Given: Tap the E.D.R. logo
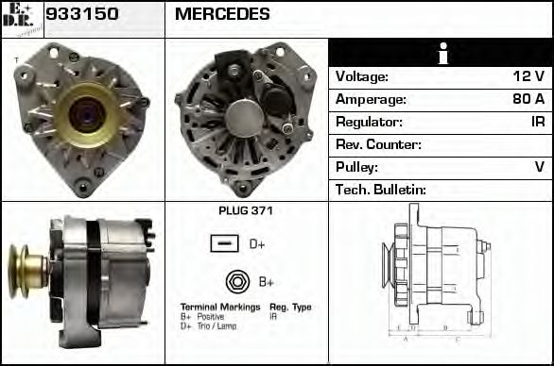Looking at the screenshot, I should point(21,18).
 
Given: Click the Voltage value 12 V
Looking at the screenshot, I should point(528,77).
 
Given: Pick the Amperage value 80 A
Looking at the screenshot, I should point(527,100).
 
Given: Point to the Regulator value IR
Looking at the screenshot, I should point(536,123).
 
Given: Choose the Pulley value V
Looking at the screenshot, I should point(540,168).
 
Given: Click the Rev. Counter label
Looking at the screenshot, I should point(378,145).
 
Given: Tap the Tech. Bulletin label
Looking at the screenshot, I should point(381,191).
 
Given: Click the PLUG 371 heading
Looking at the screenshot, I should point(245,212).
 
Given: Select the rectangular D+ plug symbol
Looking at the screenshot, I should point(224,244).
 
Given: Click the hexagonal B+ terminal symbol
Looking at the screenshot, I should point(236,281).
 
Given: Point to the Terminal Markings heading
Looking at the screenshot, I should point(219,308).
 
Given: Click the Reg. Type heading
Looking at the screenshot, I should point(289,308).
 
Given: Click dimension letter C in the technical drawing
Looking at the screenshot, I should point(457,338).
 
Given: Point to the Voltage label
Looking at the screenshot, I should point(362,77).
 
